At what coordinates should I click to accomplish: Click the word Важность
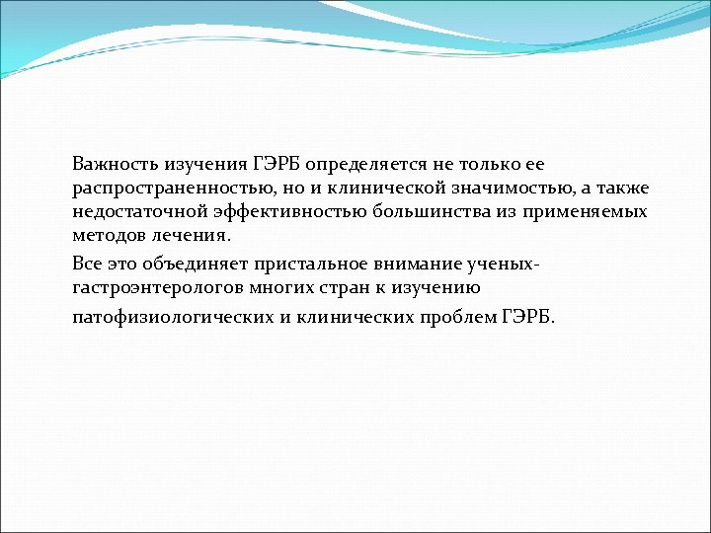click(x=110, y=163)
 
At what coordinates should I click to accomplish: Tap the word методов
click(x=105, y=236)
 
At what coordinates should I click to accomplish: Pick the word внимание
click(x=400, y=264)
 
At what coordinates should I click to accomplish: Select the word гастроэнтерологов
click(x=151, y=287)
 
